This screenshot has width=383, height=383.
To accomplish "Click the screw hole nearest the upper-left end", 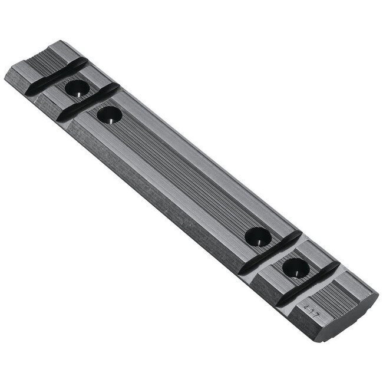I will click(x=77, y=89).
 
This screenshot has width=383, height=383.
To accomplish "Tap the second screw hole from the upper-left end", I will click(x=110, y=114).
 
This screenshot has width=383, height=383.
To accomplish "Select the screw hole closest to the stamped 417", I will click(x=295, y=269).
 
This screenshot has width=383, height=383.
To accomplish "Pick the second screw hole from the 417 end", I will click(x=258, y=237).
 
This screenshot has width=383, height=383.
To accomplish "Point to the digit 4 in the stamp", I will click(x=305, y=306).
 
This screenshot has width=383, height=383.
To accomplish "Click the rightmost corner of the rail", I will click(x=378, y=293).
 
